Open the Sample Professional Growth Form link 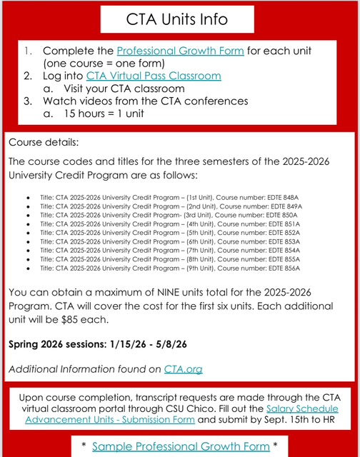click(181, 446)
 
